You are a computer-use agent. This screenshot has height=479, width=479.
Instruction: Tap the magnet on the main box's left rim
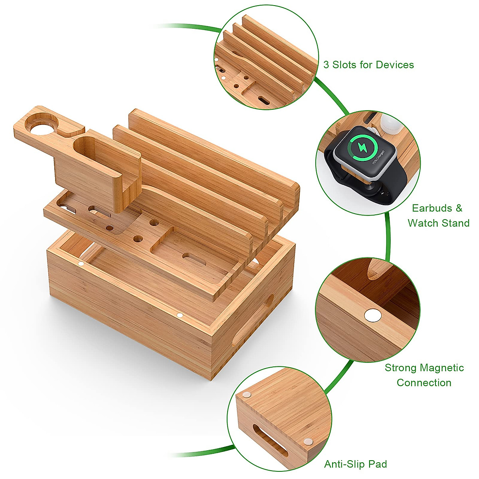81,263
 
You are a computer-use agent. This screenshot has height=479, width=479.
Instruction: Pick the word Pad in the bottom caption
379,464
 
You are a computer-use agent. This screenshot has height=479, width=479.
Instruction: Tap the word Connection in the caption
424,383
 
